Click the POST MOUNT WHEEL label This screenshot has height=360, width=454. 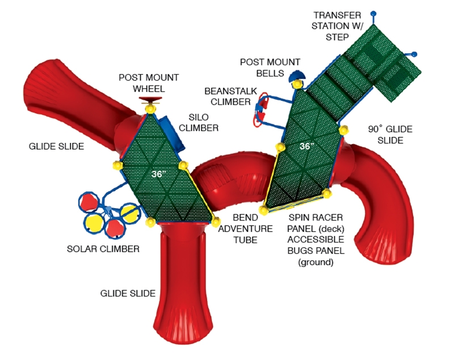(x=149, y=83)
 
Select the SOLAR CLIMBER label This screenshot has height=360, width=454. (x=103, y=248)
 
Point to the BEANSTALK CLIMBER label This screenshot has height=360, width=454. (x=227, y=96)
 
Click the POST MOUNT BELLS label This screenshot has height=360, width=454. (x=262, y=67)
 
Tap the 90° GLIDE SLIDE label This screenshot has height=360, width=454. (x=385, y=134)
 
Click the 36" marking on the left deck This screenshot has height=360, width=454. (x=159, y=174)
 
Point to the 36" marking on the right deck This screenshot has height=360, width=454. (x=306, y=146)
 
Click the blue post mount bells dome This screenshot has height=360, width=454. (x=297, y=76)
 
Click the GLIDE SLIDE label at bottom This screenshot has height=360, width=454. (x=128, y=293)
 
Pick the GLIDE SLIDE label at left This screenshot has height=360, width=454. (x=56, y=146)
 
